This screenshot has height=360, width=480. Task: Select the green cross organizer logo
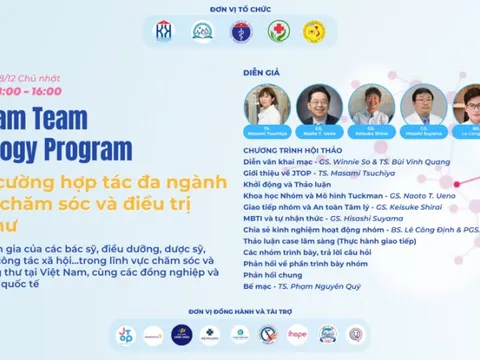pyautogui.click(x=278, y=32)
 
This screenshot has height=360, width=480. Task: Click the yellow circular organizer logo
pyautogui.click(x=316, y=32)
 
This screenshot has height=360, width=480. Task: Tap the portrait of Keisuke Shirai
pyautogui.click(x=369, y=103)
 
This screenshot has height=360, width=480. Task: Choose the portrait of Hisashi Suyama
pyautogui.click(x=418, y=103)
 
